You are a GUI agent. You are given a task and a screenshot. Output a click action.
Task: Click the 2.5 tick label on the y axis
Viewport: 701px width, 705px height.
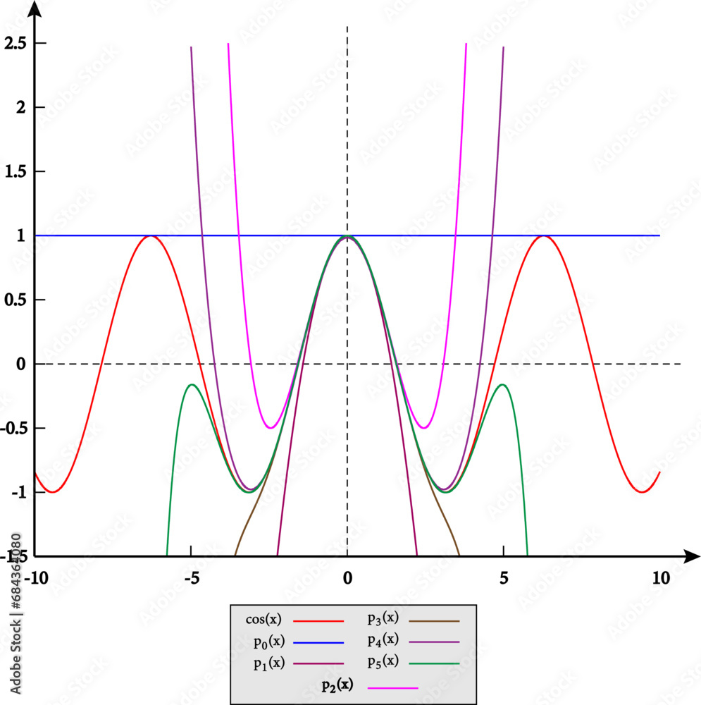[x=16, y=44]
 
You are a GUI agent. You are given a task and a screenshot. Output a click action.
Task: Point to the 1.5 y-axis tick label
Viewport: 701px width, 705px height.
[x=16, y=171]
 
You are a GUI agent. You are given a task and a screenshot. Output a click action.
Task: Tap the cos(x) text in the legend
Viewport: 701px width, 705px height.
[x=263, y=620]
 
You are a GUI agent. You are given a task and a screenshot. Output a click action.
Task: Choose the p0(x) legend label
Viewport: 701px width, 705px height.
[x=268, y=642]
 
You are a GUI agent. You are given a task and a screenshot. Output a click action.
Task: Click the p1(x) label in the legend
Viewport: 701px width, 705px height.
[x=268, y=663]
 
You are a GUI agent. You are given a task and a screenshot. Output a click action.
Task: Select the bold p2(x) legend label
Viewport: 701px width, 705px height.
[x=335, y=685]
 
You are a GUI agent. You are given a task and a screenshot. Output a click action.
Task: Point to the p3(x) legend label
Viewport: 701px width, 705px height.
[x=383, y=619]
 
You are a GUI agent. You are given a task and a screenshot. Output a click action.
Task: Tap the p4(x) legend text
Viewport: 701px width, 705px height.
[x=383, y=641]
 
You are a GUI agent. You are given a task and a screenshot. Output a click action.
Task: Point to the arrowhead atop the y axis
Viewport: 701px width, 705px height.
[x=35, y=8]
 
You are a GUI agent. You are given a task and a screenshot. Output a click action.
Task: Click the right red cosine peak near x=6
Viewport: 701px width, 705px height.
[x=543, y=236]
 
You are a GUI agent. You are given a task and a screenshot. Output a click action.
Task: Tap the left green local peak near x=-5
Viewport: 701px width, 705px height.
[x=191, y=385]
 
